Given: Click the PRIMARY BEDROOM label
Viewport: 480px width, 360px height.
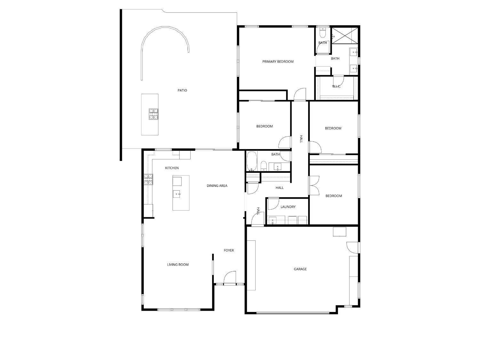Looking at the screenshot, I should (278, 61).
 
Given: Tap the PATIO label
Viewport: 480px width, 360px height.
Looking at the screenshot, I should (182, 90).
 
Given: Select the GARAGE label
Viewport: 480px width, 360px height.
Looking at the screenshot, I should (300, 269).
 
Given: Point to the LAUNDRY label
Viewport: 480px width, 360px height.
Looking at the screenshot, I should (288, 207).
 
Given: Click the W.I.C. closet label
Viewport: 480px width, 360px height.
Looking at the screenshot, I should (336, 86).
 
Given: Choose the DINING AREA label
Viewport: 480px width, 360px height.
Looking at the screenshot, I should (217, 186).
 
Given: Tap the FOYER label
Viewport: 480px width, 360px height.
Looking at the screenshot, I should (229, 250).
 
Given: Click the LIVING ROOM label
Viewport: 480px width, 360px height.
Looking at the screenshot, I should (178, 265).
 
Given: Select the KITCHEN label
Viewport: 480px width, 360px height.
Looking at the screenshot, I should (172, 168).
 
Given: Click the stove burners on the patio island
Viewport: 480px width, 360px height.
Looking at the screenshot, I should (153, 114).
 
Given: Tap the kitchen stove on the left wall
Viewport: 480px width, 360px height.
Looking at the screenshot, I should (148, 180).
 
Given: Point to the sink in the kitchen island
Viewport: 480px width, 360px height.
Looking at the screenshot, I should (177, 194).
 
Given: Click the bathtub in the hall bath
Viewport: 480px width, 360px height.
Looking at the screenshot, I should (252, 161).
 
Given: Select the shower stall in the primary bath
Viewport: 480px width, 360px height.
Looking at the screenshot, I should (345, 36).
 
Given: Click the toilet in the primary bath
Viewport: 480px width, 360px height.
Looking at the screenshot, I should (323, 33).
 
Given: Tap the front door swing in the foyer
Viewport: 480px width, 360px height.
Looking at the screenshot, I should (230, 278).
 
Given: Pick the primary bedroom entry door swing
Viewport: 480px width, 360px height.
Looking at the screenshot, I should (300, 94).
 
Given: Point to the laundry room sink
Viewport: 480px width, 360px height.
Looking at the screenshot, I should (273, 220).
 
